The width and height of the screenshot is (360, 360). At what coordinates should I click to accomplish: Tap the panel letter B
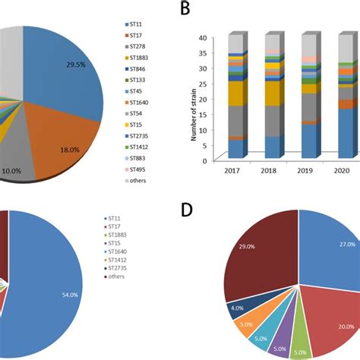[x=185, y=10]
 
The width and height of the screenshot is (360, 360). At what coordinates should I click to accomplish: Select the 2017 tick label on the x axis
[x=234, y=172]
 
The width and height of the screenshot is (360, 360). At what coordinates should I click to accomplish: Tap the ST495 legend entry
[x=138, y=169]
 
